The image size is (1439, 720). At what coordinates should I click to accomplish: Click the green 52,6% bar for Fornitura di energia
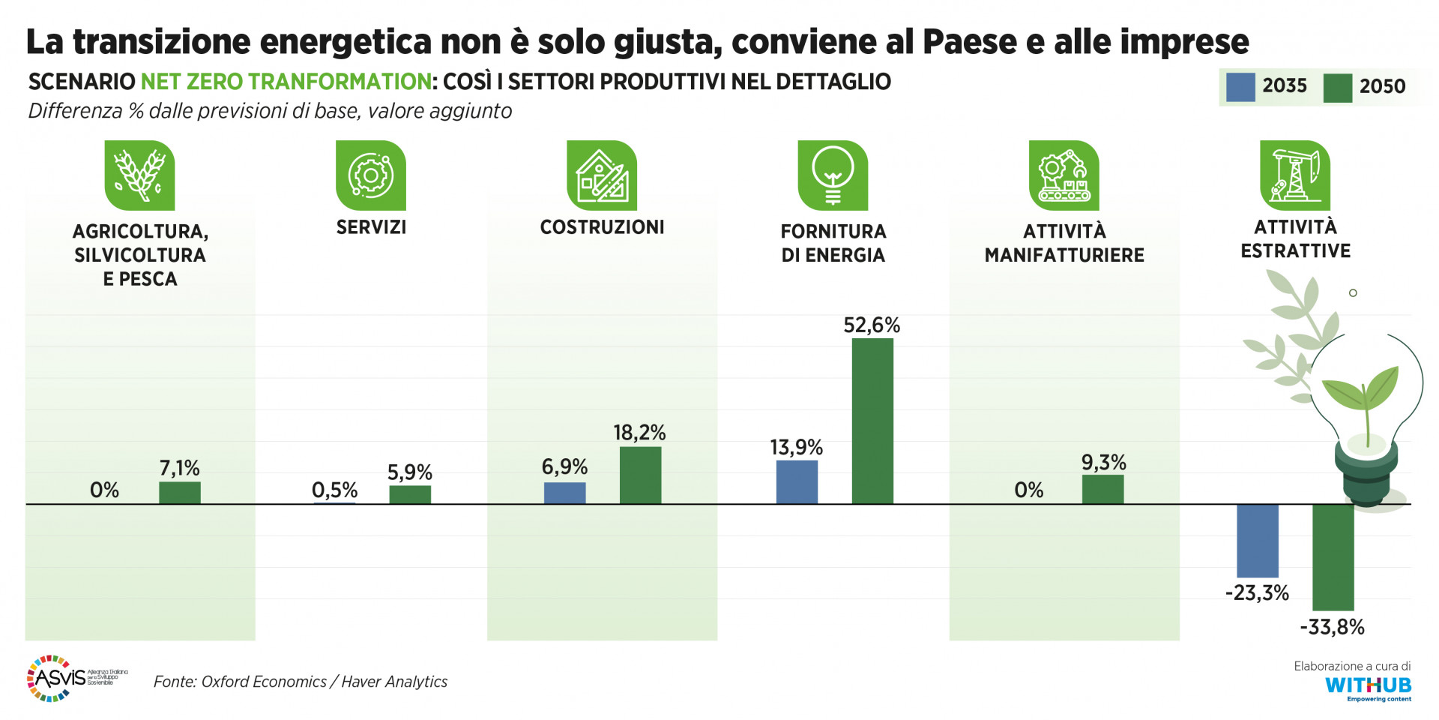coord(872,421)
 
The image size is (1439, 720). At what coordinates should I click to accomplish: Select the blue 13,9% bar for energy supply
coord(797,481)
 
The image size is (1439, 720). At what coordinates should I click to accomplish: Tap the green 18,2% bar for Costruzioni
coord(640,475)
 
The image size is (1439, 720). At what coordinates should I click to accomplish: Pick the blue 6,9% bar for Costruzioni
coord(564,493)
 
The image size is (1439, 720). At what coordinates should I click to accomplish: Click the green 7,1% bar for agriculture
coord(180,492)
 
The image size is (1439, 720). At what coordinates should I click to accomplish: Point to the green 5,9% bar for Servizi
coord(410,494)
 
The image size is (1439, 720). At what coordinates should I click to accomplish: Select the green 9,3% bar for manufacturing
coord(1102,489)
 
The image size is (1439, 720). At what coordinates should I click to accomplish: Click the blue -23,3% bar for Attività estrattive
coord(1257,540)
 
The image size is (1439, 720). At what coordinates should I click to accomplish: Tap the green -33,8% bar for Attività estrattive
coord(1333,556)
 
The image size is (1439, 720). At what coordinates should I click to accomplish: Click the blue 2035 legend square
coord(1240,87)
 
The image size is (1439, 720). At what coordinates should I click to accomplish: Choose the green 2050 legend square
coord(1338,88)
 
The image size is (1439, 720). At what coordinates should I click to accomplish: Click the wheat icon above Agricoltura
coord(139,175)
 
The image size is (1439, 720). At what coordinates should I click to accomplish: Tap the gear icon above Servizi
coord(371,175)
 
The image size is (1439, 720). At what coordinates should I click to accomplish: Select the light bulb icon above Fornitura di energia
coord(833,175)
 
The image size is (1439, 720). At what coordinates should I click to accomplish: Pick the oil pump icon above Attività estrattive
coord(1294,175)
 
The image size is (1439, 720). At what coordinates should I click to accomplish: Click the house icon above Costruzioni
coord(602,175)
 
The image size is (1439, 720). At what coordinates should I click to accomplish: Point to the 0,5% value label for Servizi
coord(334,490)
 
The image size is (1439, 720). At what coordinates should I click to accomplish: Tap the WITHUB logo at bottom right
coord(1368,685)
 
